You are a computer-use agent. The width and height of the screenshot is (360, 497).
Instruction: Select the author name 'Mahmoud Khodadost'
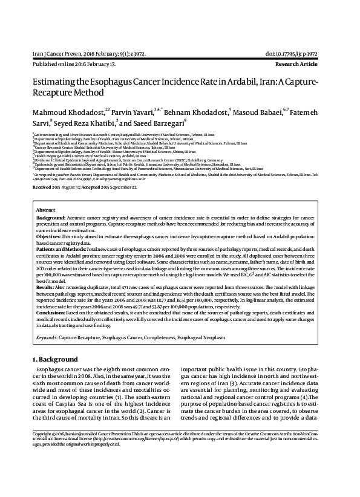[67, 112]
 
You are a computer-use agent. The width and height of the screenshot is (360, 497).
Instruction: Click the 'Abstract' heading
[45, 209]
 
